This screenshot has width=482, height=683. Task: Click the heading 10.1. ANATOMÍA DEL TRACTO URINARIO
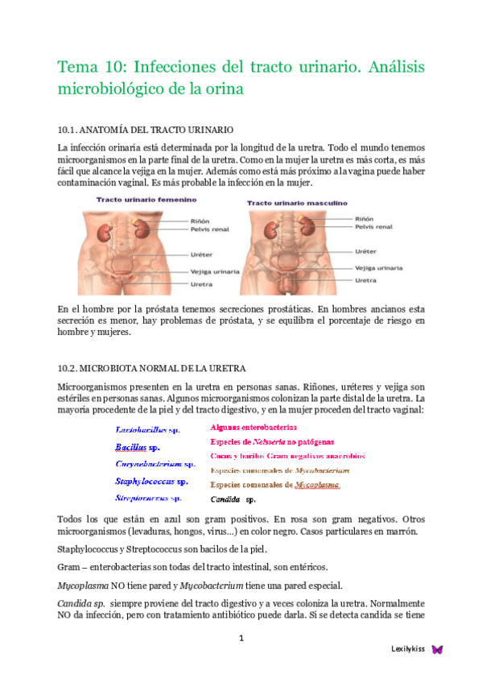(x=146, y=130)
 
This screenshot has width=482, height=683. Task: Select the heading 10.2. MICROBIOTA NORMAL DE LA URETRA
(x=151, y=369)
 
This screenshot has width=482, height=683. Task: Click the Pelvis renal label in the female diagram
(x=210, y=229)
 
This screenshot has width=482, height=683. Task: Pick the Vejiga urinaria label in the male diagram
(x=379, y=267)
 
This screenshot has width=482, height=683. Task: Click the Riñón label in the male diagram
(x=365, y=217)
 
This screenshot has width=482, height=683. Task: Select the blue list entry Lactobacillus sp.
(x=150, y=429)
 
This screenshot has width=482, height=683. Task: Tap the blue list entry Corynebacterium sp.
(x=154, y=464)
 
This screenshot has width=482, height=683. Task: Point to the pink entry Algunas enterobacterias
(x=253, y=427)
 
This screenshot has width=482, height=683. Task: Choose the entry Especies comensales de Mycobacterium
(x=279, y=470)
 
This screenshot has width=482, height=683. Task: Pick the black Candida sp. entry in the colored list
(x=233, y=499)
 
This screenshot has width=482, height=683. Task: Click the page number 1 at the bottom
(x=241, y=640)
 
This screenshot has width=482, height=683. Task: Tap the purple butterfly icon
(x=438, y=649)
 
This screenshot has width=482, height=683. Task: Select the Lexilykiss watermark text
(x=408, y=649)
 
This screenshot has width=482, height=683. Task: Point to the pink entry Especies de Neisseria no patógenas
(x=272, y=441)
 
